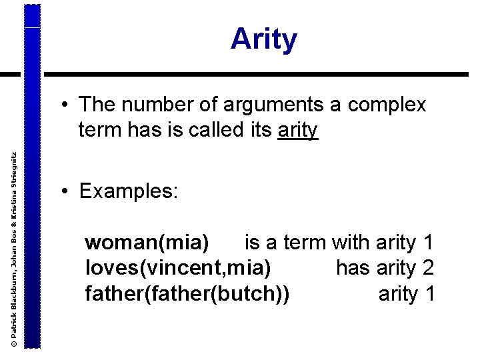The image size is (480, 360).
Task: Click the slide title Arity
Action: [x=264, y=40]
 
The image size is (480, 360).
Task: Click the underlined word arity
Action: [x=298, y=130]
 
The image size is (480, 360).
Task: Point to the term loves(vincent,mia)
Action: [x=178, y=268]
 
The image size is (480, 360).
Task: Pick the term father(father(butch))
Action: [x=187, y=293]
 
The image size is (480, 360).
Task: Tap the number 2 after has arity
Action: [x=428, y=268]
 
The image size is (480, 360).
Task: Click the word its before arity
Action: [x=257, y=130]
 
